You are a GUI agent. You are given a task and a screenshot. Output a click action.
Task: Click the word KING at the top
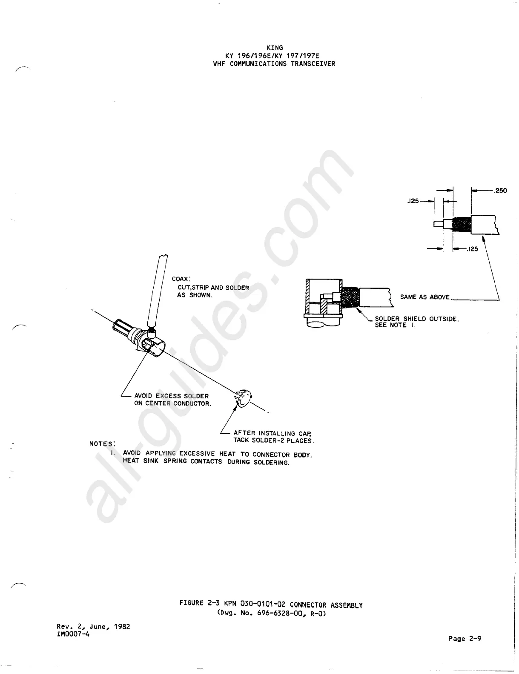(274, 48)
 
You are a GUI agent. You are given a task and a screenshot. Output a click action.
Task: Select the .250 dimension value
(500, 190)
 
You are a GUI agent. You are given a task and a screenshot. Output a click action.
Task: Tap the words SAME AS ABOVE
(425, 297)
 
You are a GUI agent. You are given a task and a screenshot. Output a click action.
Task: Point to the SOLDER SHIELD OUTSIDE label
(416, 319)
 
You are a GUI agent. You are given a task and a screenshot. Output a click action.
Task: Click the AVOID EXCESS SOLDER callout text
(172, 396)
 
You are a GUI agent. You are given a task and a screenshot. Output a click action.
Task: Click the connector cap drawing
(243, 399)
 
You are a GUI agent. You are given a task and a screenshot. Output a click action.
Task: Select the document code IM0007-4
(73, 634)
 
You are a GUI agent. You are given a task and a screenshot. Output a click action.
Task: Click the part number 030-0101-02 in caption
(259, 604)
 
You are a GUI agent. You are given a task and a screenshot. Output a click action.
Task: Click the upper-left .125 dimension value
(413, 201)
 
